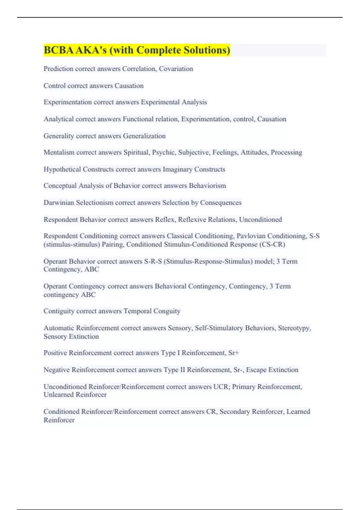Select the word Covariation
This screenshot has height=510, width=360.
(x=176, y=69)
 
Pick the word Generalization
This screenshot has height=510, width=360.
(x=144, y=136)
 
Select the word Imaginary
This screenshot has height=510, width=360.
(x=177, y=169)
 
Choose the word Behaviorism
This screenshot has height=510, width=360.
(x=207, y=186)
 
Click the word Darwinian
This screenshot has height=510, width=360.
(x=58, y=202)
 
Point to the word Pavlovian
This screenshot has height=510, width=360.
(x=250, y=236)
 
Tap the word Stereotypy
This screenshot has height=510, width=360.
(x=294, y=328)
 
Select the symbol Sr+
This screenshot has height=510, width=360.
(x=233, y=353)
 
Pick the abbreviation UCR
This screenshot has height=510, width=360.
(x=221, y=387)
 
